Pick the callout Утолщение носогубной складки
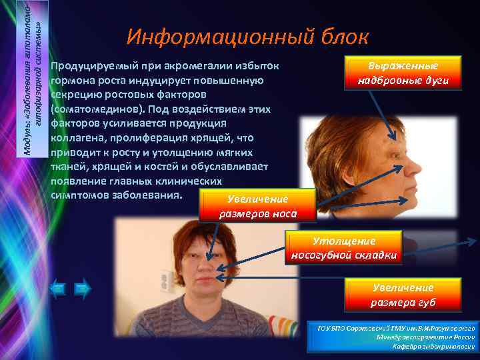pos(343,247)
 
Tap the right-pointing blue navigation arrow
pos(82,289)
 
